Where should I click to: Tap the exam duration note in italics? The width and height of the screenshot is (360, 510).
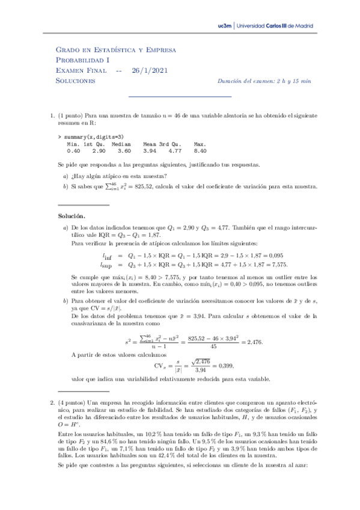[264, 81]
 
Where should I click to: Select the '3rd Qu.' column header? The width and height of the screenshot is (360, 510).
[171, 145]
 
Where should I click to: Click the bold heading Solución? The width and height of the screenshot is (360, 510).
[72, 215]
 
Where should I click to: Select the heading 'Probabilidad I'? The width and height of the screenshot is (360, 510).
[83, 60]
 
